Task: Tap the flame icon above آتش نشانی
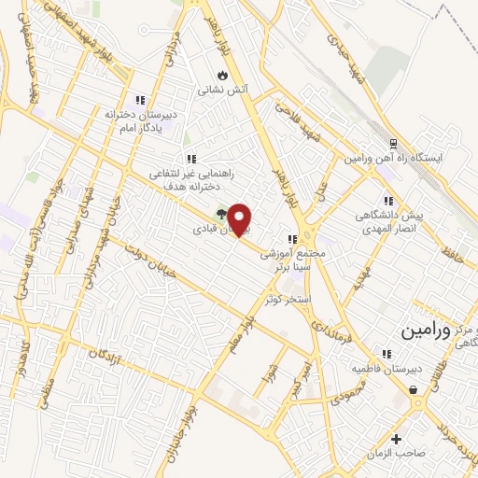[x=222, y=76]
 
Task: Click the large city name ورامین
[x=426, y=330]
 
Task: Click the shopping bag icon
[x=412, y=391]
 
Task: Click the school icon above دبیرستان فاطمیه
[x=381, y=353]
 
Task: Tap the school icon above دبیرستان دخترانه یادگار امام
[x=140, y=100]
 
